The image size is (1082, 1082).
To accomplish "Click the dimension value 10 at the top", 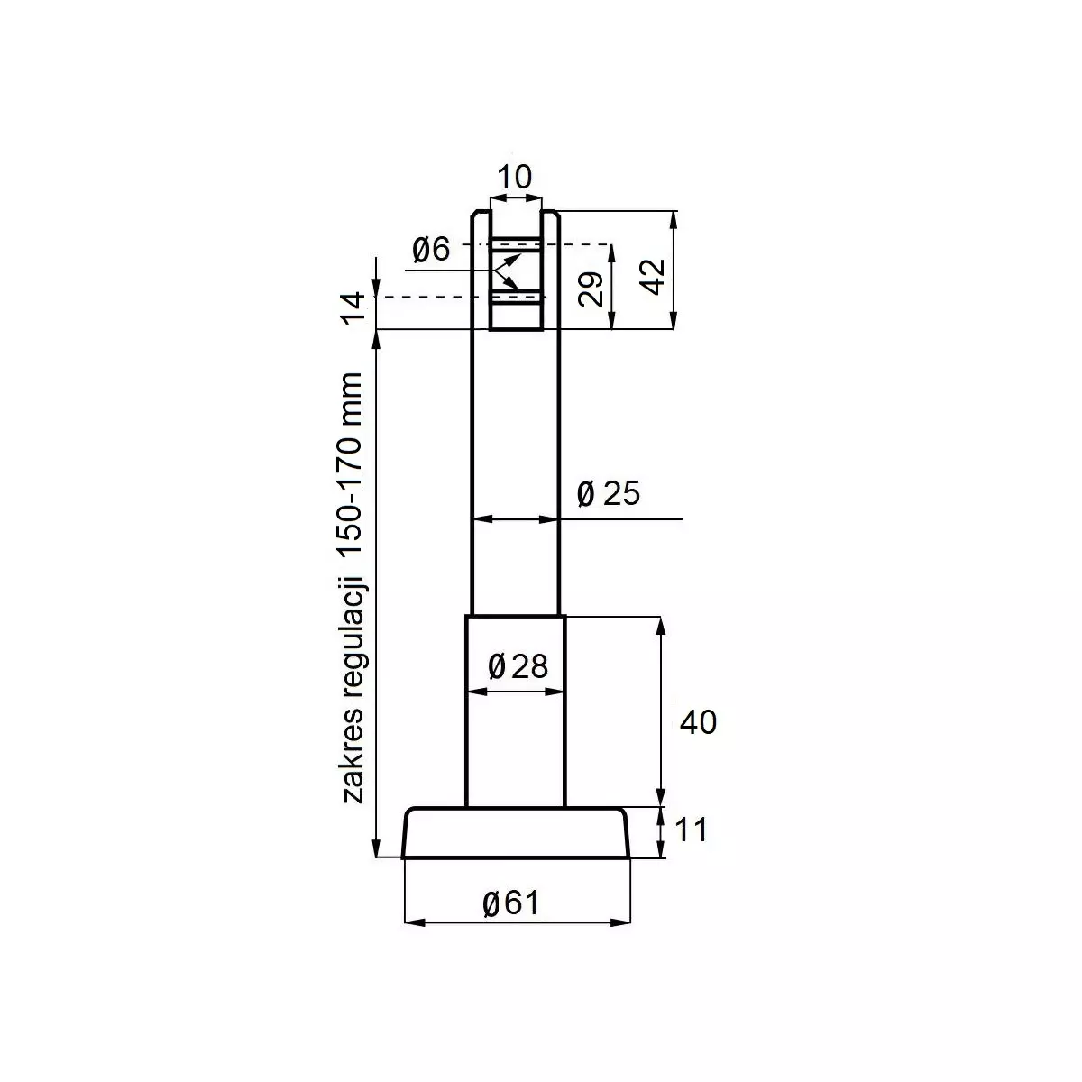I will tap(515, 177).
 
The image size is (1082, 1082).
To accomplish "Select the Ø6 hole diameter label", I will tap(430, 249).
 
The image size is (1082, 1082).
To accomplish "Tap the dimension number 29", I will tap(591, 288).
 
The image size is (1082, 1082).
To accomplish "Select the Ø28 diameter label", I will tap(518, 666).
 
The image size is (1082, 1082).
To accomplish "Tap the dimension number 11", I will tap(691, 830).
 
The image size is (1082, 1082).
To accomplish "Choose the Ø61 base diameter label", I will tap(510, 902).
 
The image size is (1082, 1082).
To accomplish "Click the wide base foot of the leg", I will tap(516, 833).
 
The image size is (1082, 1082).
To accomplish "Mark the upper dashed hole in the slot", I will tap(516, 244).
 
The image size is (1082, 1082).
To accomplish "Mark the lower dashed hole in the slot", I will tap(516, 297).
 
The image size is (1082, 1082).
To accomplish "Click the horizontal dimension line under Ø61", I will tap(516, 922).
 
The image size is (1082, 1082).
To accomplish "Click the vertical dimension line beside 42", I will tap(674, 270).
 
